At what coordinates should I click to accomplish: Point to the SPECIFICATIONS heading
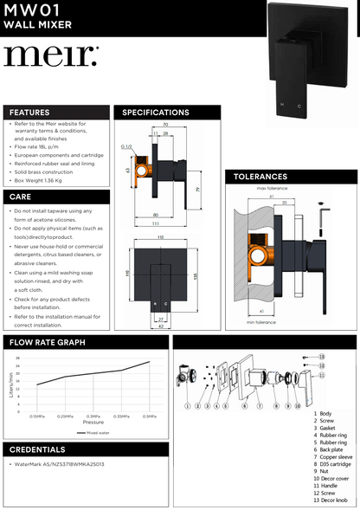tap(157, 113)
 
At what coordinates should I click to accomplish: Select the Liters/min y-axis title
tap(11, 380)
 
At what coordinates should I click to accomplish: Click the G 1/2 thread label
tap(126, 147)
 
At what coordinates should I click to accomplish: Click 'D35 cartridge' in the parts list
tap(332, 456)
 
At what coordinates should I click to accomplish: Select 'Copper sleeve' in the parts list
tap(333, 449)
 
